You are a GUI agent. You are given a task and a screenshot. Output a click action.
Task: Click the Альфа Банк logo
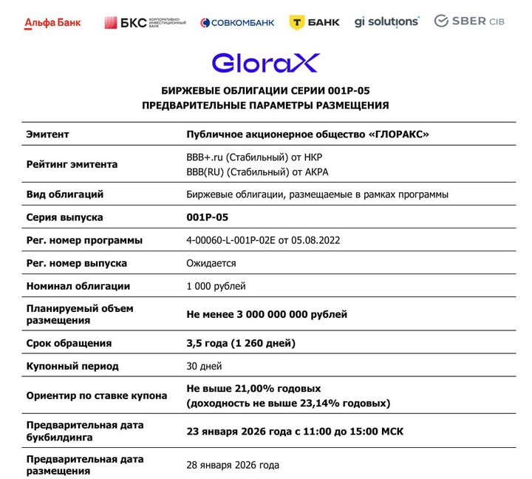point(53,22)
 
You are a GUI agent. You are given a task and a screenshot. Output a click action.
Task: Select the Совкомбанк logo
point(237,22)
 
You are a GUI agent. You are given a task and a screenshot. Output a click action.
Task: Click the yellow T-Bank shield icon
point(298,22)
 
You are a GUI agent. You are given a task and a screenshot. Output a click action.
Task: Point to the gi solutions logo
point(386,21)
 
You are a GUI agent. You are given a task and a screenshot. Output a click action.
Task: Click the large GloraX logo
point(265,62)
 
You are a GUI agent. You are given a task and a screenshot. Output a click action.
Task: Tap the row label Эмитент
point(47,135)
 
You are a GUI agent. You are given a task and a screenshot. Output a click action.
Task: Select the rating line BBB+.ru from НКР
point(254,157)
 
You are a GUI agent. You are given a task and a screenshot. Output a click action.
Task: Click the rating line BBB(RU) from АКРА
point(257,172)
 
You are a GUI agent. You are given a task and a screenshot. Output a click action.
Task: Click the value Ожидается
point(211,263)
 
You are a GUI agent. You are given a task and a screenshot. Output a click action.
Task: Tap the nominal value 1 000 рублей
point(216,286)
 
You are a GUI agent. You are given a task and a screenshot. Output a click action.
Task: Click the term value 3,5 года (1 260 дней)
point(241,343)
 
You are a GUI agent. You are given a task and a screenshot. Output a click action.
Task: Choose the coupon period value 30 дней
point(205,366)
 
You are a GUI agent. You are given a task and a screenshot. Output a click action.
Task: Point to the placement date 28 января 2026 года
point(233,465)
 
